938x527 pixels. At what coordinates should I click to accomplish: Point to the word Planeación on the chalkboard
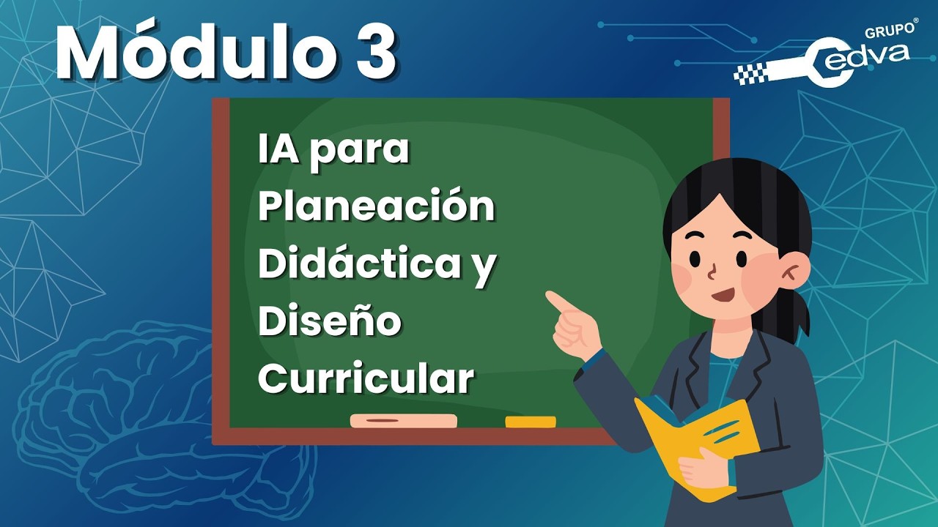(x=376, y=207)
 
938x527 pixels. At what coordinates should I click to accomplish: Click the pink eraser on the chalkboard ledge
(x=403, y=421)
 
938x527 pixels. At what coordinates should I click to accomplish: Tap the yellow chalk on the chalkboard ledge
(x=531, y=422)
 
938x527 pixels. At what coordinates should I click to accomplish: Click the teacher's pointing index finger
(x=561, y=302)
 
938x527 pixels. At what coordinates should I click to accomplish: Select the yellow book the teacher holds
(x=696, y=443)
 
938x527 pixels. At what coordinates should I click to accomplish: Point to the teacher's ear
(x=793, y=272)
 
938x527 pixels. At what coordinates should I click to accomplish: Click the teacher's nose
(x=713, y=274)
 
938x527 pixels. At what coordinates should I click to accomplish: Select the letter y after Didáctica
(x=481, y=268)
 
